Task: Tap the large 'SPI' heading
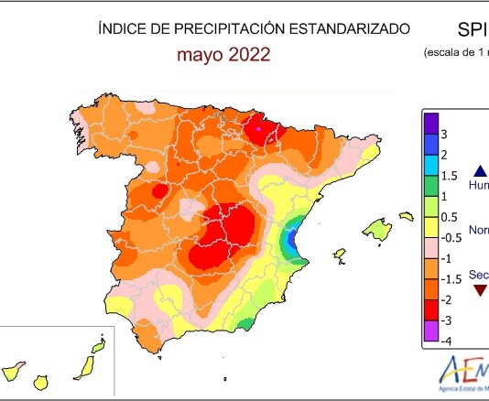[466, 28]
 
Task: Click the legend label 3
[444, 134]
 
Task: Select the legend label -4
[445, 341]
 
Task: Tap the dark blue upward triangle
[481, 170]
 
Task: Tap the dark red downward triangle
[481, 290]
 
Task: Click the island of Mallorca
[376, 227]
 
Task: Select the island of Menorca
[407, 217]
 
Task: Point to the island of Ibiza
[339, 254]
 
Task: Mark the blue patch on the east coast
[294, 241]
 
